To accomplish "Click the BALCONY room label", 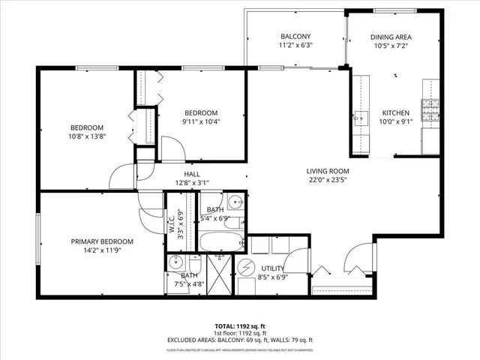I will click(295, 37).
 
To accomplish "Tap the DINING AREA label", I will click(391, 37).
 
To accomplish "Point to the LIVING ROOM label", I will click(328, 170).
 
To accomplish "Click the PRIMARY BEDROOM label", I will click(102, 241).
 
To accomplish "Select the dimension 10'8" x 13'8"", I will click(87, 136).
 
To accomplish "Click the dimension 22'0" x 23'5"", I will click(328, 179).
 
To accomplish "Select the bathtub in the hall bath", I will click(220, 241).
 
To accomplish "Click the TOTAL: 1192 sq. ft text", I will click(240, 326).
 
